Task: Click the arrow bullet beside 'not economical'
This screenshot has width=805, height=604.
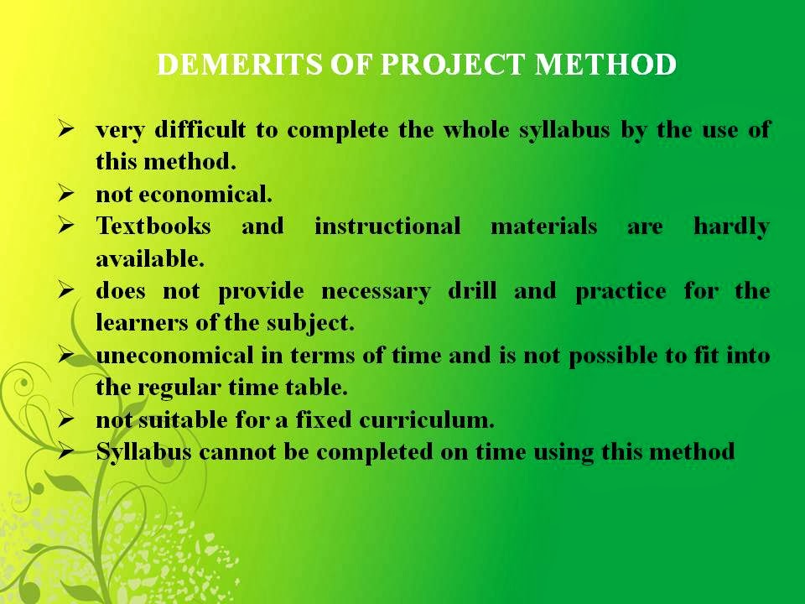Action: pyautogui.click(x=67, y=195)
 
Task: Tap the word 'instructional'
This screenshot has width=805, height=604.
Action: pyautogui.click(x=387, y=226)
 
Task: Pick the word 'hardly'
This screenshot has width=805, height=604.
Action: pyautogui.click(x=731, y=226)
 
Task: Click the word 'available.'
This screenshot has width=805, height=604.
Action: pyautogui.click(x=149, y=259)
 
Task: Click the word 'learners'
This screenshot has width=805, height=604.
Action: pyautogui.click(x=137, y=324)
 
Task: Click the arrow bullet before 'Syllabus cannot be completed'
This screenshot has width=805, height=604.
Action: pyautogui.click(x=67, y=453)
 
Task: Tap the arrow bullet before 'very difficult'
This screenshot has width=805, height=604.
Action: pyautogui.click(x=67, y=130)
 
